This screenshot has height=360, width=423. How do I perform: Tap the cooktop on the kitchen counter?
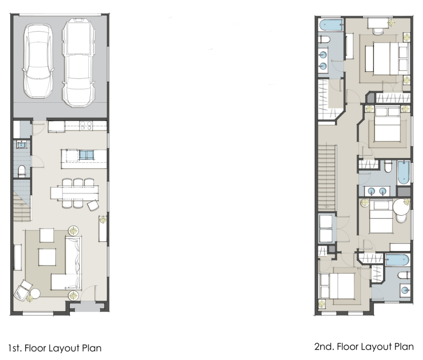coord(86,125)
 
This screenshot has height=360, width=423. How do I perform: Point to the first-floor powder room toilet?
coord(21,171)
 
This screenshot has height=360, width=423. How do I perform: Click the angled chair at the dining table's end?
coord(93,205)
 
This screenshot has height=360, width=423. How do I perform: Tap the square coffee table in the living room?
coord(48,257)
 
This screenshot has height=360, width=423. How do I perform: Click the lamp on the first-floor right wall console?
coord(102,219)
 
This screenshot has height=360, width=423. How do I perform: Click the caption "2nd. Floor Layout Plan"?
coord(364,346)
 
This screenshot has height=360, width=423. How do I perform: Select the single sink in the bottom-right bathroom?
coord(404,290)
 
